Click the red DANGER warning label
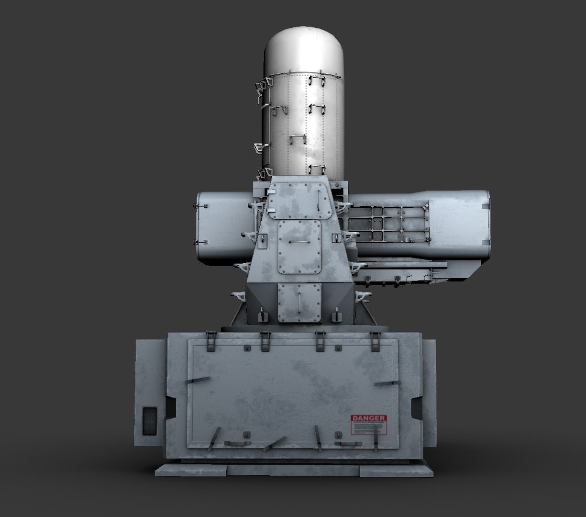368,425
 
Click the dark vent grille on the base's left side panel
150,421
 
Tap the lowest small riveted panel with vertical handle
299,302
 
